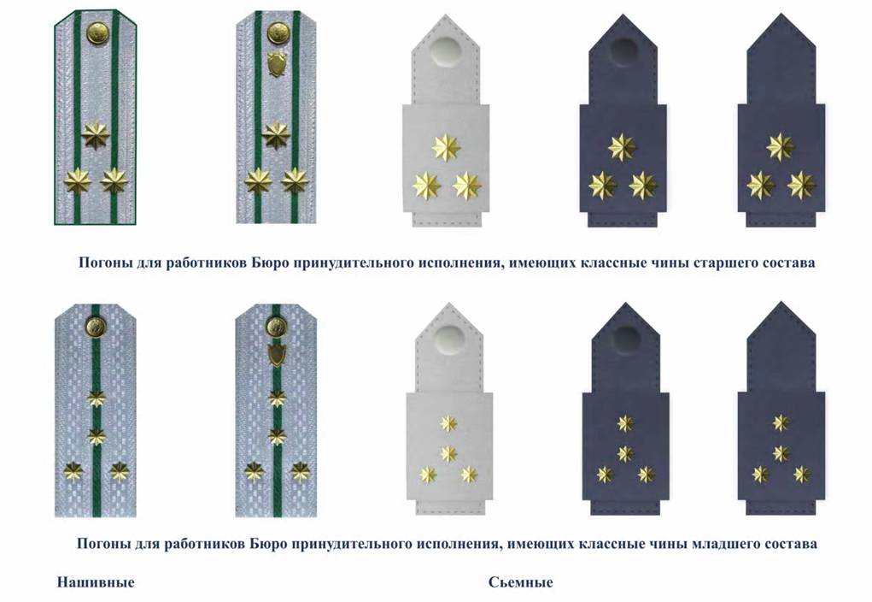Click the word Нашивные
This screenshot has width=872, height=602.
click(96, 582)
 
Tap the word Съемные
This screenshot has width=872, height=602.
click(520, 582)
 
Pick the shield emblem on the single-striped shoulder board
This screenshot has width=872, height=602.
click(276, 354)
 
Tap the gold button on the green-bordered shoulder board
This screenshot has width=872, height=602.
click(97, 34)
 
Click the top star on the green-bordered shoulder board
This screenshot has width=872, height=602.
click(96, 135)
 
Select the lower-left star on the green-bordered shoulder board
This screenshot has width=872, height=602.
click(78, 181)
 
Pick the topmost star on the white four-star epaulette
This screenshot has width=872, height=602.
click(448, 422)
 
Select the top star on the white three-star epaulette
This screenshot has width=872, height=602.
click(446, 148)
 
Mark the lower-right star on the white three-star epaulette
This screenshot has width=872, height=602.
click(466, 186)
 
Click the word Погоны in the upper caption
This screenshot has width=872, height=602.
click(105, 263)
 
